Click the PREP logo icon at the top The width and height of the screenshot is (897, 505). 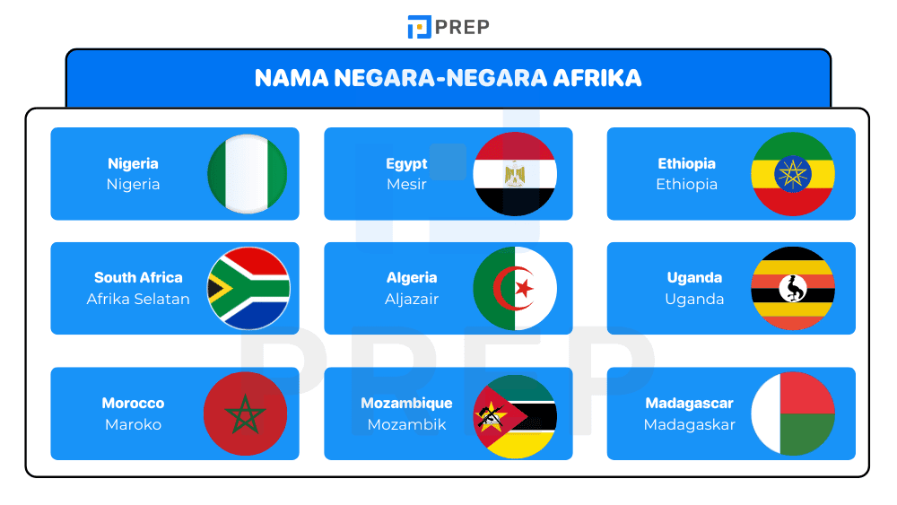point(419,27)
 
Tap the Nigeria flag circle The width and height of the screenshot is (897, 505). point(248,174)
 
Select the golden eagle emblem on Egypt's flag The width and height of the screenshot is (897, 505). point(515,173)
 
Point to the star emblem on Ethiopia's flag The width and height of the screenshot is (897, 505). point(793,173)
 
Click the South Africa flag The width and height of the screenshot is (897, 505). point(248,288)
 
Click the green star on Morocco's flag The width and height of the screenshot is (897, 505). point(245,414)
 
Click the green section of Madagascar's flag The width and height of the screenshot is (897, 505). point(807,436)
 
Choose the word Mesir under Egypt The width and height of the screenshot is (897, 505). point(406,185)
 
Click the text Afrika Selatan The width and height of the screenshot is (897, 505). point(138,299)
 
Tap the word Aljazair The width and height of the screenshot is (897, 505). point(412,299)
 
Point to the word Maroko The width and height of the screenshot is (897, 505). point(133,424)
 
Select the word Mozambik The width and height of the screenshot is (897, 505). point(406,424)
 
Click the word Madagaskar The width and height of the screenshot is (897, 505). point(689,424)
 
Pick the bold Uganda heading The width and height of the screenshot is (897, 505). point(694,277)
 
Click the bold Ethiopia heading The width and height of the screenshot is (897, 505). point(686,163)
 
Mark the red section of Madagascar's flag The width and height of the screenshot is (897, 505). point(807,392)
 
